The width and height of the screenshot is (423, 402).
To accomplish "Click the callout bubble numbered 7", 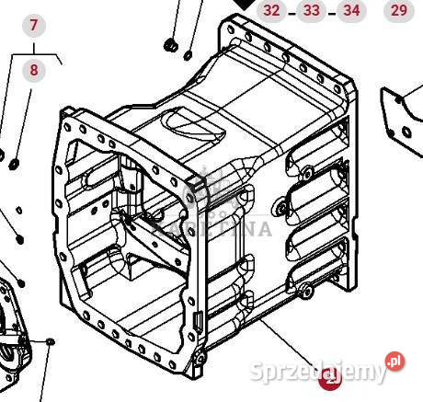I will point(34,25).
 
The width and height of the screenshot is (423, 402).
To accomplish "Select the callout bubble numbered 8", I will point(34,70).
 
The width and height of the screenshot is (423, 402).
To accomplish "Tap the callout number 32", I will point(271,10).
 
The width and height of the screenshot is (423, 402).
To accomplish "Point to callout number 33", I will point(312,10).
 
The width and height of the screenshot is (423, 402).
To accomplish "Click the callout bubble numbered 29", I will point(398,10).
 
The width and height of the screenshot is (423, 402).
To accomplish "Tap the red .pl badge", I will point(394,362).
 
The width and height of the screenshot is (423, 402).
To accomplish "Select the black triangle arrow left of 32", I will point(244,5).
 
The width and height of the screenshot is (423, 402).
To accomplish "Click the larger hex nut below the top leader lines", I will point(168,45).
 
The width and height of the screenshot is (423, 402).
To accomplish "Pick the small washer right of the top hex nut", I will point(188,54).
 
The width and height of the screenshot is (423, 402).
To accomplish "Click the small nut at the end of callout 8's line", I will point(15,164).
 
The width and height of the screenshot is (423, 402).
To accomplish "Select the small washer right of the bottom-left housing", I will point(51,342).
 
